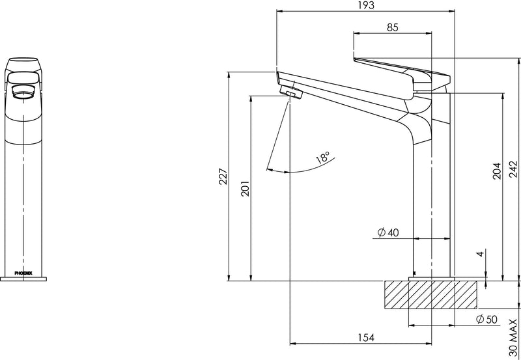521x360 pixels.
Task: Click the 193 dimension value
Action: (366, 5)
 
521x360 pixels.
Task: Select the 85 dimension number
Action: (392, 27)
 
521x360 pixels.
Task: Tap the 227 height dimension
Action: (223, 176)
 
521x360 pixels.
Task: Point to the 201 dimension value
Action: (246, 188)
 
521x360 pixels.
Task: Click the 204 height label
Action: (496, 171)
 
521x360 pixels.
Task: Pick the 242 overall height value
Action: (513, 169)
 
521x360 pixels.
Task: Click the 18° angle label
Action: (323, 157)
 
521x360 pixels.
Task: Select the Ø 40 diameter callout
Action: (388, 232)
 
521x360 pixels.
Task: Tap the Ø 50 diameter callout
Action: (486, 320)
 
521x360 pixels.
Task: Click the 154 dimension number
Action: (366, 338)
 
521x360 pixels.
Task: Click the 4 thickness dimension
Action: (480, 254)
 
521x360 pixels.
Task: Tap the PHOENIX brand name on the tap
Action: (23, 273)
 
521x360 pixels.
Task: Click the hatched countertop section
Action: (430, 295)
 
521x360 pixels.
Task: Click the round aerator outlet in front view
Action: (23, 92)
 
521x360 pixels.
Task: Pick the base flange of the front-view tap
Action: (23, 279)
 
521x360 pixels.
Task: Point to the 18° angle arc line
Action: (300, 169)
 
